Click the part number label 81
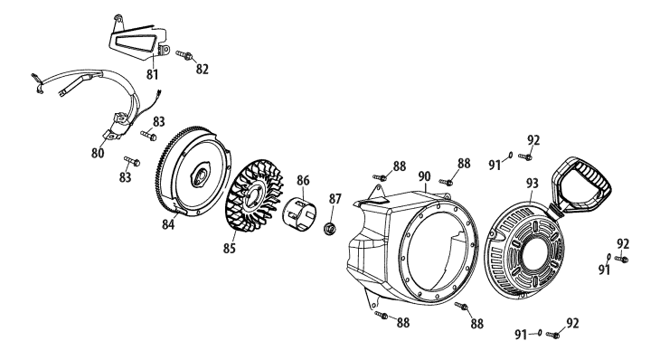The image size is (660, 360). click(152, 74)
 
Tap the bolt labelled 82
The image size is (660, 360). click(184, 55)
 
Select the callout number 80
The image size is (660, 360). click(98, 153)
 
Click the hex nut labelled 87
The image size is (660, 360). click(330, 229)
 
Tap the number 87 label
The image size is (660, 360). click(335, 199)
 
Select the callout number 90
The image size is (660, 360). click(425, 176)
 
